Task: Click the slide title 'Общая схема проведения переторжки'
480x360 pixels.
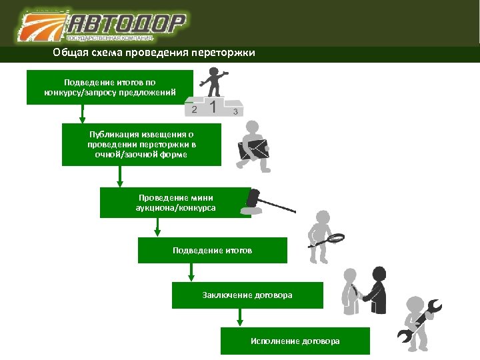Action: point(154,53)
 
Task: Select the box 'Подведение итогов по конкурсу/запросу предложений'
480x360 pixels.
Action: point(110,87)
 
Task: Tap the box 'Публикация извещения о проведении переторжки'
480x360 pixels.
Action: point(141,144)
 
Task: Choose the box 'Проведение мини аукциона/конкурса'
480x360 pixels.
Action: point(175,203)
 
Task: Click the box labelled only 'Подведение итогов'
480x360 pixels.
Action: point(212,250)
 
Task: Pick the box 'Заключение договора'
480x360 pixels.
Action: point(247,295)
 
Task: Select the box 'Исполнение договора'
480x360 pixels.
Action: point(295,341)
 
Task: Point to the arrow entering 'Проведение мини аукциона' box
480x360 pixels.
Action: point(120,177)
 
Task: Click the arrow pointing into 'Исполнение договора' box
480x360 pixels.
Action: point(240,318)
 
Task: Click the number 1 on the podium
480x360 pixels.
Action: point(213,107)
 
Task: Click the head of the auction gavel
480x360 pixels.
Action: point(253,197)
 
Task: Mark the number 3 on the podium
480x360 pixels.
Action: point(235,111)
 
